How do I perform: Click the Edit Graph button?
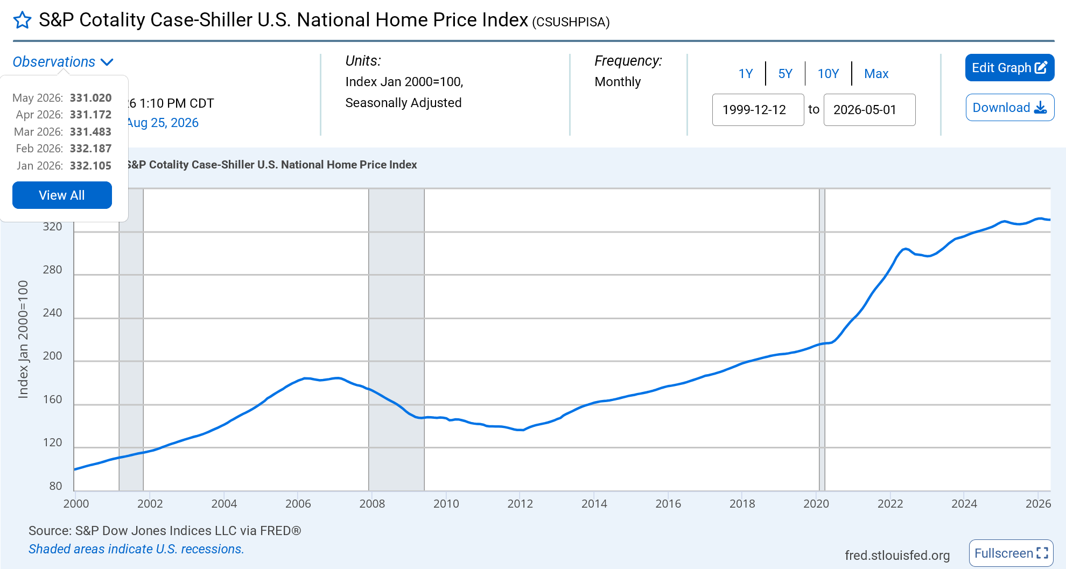[x=1009, y=68]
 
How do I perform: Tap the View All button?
[x=62, y=195]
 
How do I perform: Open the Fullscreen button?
[x=1011, y=553]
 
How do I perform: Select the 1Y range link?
[x=746, y=74]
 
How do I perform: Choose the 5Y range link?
[x=786, y=74]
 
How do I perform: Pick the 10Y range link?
[x=828, y=74]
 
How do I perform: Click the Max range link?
[x=876, y=74]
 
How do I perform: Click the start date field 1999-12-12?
[x=758, y=110]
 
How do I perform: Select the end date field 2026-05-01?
[x=869, y=110]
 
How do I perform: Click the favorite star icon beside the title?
[x=22, y=20]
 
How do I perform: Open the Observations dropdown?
[x=63, y=62]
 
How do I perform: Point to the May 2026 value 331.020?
[x=90, y=98]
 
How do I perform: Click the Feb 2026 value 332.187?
[x=90, y=149]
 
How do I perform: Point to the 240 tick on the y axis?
[x=53, y=313]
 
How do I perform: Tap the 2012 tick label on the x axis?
[x=520, y=504]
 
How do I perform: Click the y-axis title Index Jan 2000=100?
[x=23, y=339]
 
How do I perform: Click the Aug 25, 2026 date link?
[x=163, y=123]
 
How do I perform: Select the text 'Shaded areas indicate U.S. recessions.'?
[x=136, y=549]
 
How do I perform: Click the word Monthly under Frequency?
[x=618, y=82]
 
